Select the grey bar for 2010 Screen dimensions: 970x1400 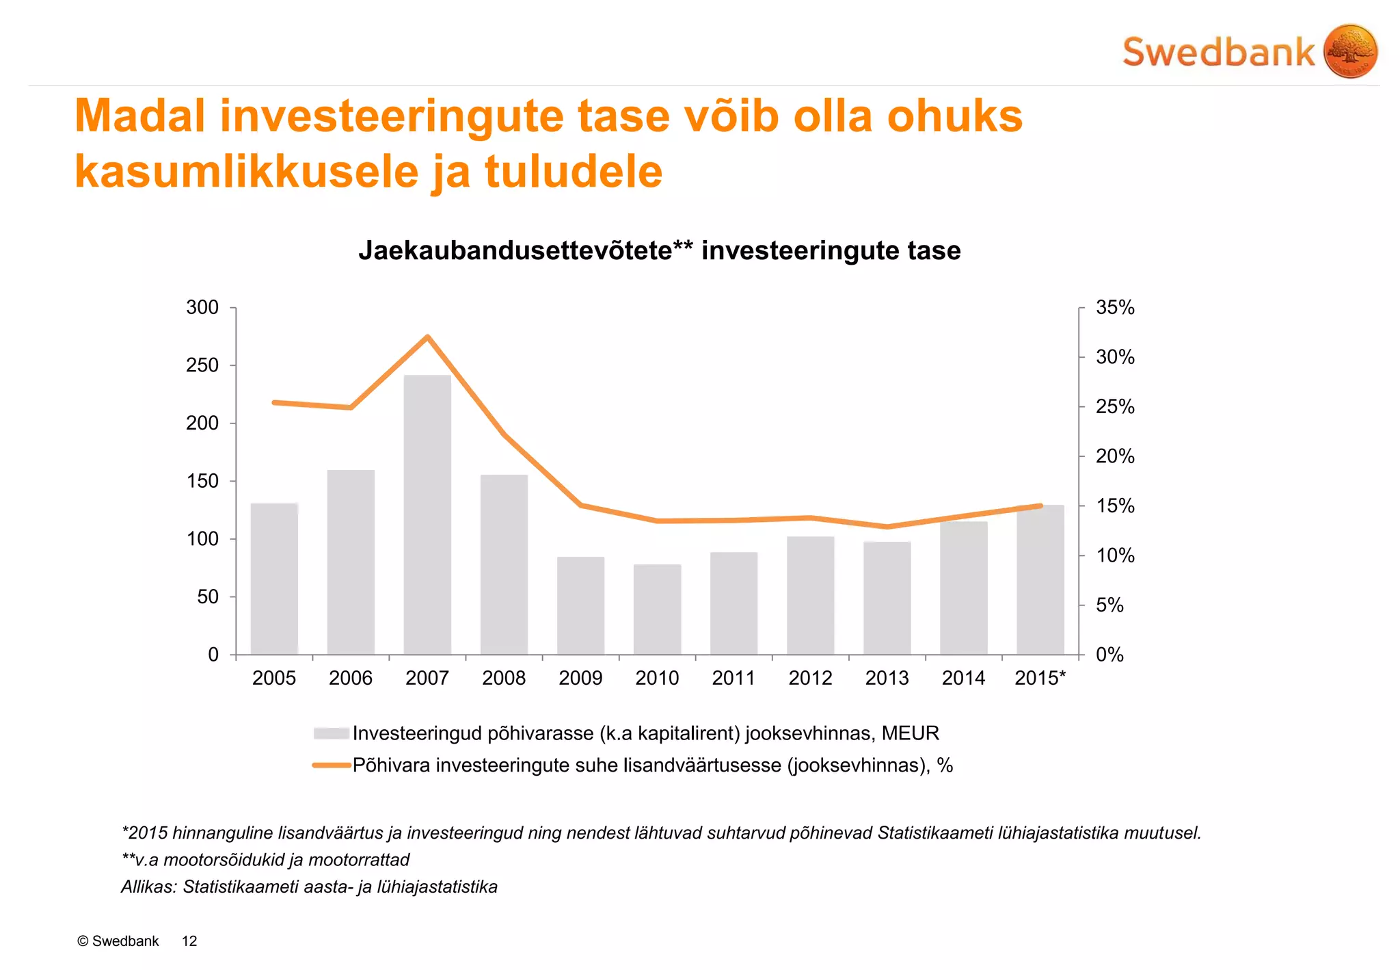point(657,609)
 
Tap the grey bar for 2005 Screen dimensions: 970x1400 point(274,579)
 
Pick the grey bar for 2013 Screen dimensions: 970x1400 point(887,598)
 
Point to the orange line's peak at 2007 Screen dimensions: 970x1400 point(427,337)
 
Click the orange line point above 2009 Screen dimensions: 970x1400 point(580,505)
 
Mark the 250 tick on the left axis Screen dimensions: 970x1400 point(202,365)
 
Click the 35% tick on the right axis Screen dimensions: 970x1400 point(1115,308)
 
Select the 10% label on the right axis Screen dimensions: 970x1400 point(1115,555)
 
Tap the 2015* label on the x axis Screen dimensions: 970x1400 point(1040,678)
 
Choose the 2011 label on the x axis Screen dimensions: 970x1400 point(733,678)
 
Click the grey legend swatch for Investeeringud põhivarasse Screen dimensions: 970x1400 point(332,733)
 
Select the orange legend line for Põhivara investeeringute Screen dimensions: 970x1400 point(332,765)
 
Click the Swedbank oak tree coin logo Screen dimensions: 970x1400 point(1350,51)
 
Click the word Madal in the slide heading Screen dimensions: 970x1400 point(140,116)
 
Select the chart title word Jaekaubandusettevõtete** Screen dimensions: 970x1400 point(525,250)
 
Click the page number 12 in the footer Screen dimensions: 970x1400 point(189,941)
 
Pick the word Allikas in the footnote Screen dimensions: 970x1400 point(148,887)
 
